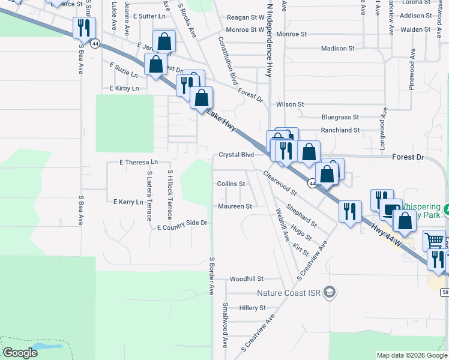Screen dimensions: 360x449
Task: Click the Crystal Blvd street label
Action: pyautogui.click(x=236, y=155)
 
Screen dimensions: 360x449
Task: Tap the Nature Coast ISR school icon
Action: pyautogui.click(x=328, y=293)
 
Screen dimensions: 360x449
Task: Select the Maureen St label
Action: pyautogui.click(x=234, y=206)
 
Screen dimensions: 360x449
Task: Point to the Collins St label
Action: pyautogui.click(x=231, y=184)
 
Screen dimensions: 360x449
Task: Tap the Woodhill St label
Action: pyautogui.click(x=247, y=279)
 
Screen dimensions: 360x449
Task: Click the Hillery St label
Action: pyautogui.click(x=252, y=308)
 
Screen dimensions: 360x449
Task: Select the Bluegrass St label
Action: pyautogui.click(x=340, y=117)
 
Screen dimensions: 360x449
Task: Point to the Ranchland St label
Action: pyautogui.click(x=340, y=130)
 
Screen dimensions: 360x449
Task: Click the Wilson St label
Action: pyautogui.click(x=290, y=104)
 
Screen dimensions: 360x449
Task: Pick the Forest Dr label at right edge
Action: pyautogui.click(x=408, y=157)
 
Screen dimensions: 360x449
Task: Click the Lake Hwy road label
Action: pyautogui.click(x=221, y=121)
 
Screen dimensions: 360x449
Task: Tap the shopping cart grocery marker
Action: pyautogui.click(x=434, y=241)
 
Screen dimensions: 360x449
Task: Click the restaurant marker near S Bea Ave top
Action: pyautogui.click(x=83, y=27)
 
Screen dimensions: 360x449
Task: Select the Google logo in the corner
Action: pyautogui.click(x=20, y=353)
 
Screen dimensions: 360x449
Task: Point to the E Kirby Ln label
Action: pyautogui.click(x=124, y=88)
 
